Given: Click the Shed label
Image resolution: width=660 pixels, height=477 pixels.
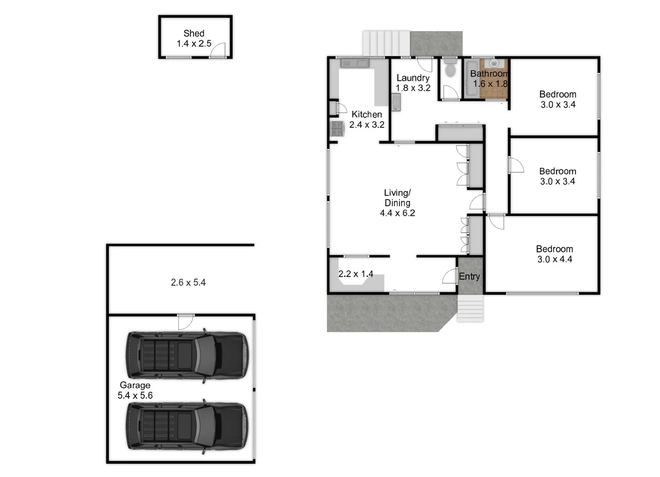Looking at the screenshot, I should (194, 33).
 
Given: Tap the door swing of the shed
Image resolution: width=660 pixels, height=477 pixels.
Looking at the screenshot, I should (218, 50).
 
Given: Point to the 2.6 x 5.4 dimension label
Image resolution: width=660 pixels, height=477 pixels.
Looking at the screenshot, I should (188, 282).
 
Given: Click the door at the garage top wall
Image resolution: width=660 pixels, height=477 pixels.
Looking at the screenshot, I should (186, 322).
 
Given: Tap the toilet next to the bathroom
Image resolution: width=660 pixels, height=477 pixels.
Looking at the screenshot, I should (450, 68).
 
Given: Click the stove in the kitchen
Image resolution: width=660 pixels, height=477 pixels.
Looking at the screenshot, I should (337, 129).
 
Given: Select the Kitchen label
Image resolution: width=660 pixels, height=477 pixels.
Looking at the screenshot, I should (366, 114).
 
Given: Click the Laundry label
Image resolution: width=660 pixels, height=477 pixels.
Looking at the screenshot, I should (412, 78).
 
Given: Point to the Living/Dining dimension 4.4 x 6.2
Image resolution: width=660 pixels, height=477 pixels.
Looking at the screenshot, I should (397, 213).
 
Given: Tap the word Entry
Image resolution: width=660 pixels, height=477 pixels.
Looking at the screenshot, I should (469, 276).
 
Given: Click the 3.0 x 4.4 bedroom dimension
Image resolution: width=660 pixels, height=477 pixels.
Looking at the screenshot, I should (554, 259).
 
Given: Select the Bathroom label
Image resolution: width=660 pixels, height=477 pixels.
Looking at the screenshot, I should (489, 74).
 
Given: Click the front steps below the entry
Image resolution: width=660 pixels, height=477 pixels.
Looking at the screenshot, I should (470, 308).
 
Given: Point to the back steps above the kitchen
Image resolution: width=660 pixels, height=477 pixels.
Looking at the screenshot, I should (386, 43).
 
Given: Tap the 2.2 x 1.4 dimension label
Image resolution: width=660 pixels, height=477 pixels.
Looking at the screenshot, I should (356, 274).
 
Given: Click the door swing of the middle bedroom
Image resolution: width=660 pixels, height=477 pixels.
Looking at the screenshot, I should (515, 165).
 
